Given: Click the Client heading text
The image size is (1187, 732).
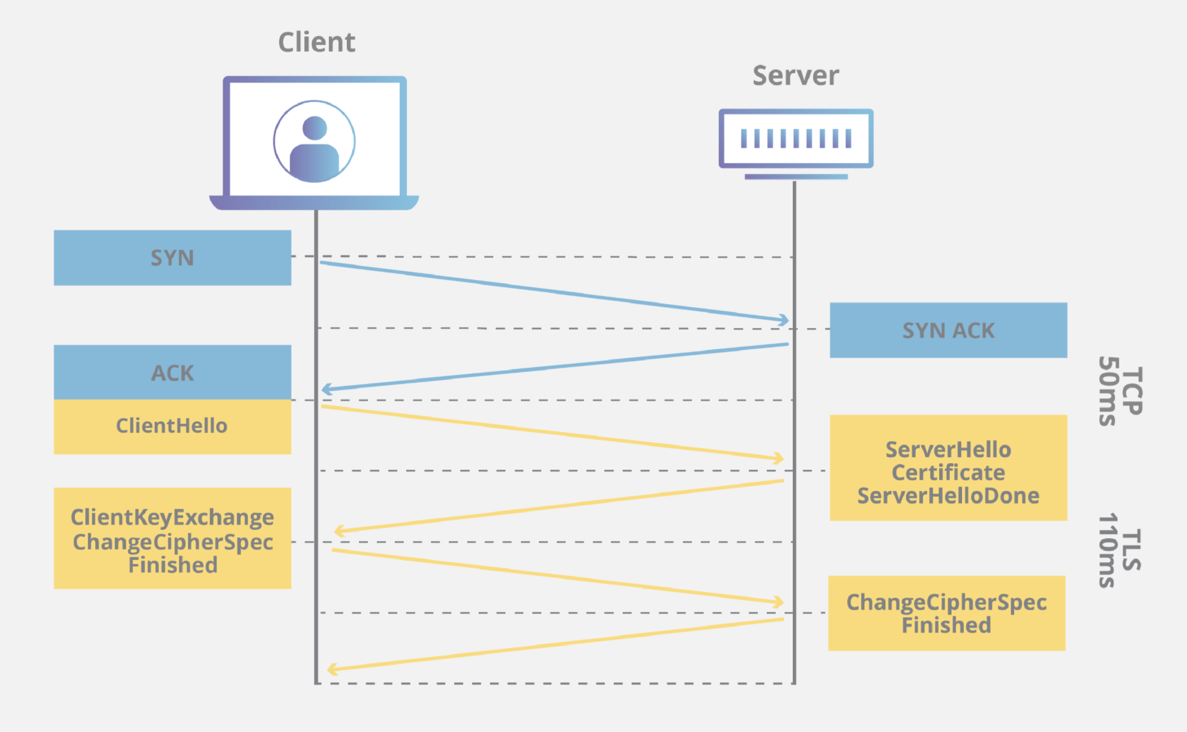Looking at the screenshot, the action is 316,42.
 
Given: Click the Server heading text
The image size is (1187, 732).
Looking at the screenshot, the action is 796,76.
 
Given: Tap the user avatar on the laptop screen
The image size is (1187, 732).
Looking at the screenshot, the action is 314,142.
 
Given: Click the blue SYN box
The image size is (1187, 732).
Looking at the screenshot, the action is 173,258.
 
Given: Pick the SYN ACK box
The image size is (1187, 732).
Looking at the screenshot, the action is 948,331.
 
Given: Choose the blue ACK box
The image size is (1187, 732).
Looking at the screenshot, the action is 173,373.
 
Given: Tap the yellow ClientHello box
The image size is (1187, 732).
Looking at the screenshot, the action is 173,427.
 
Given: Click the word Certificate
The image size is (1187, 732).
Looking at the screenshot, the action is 948,473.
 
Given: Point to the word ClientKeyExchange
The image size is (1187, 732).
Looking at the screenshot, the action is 172,517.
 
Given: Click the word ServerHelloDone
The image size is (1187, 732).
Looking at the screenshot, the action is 948,496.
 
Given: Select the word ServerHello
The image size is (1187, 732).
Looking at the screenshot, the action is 948,449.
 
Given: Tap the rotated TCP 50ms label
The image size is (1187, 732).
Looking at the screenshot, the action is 1120,391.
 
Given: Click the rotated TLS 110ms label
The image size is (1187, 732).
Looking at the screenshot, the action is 1120,550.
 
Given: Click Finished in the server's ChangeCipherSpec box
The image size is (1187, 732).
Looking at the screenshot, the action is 946,625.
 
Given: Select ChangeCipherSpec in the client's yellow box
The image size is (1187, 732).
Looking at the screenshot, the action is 173,542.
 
